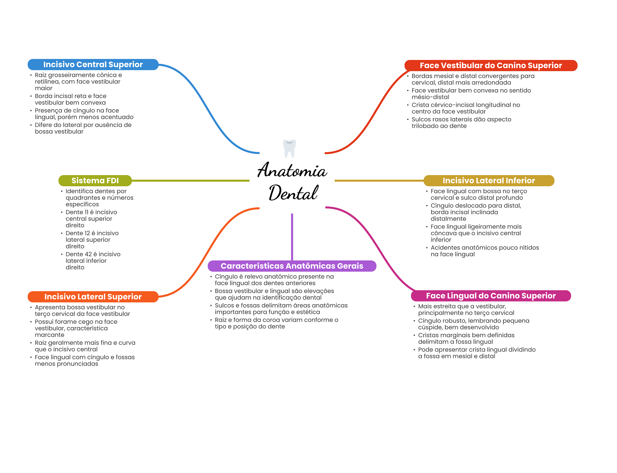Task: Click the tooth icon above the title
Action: pos(289,148)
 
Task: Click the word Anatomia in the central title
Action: pos(292,171)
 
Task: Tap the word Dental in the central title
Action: pos(293,193)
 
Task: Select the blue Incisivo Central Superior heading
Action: pos(93,65)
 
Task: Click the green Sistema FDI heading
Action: pos(95,181)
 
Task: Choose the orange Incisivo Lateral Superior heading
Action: pos(93,297)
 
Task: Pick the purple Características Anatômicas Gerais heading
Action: pos(292,266)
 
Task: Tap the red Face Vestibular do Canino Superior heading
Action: pos(490,65)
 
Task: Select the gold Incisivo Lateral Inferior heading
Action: pos(488,181)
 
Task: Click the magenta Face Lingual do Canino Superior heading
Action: pos(490,296)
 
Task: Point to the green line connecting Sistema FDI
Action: pos(190,181)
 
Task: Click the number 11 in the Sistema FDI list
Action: pos(86,212)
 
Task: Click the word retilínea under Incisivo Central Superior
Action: pos(47,82)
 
